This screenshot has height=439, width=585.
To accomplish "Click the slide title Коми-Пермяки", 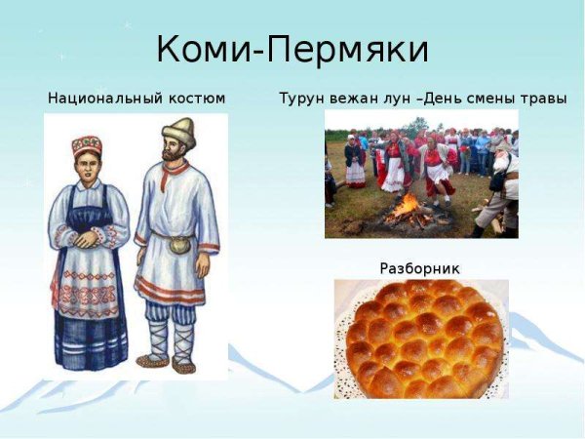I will [x=292, y=50].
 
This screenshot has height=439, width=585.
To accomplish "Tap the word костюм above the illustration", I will [x=196, y=99].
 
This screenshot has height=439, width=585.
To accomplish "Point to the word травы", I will [x=543, y=99].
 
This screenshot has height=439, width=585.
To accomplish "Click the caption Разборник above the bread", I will [x=419, y=267].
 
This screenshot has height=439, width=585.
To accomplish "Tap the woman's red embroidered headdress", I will [x=87, y=146].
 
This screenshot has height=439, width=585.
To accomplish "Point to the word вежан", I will [x=346, y=99].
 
